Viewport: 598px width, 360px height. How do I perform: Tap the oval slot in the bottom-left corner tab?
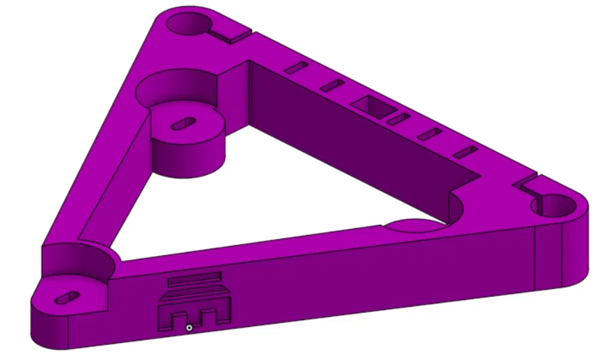[70, 296]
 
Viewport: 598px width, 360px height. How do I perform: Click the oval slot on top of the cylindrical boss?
[183, 123]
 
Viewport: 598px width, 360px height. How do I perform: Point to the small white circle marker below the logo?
[190, 328]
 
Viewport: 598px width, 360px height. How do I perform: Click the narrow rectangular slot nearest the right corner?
[465, 152]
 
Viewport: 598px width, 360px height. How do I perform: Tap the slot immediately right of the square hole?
[399, 120]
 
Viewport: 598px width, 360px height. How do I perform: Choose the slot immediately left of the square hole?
[332, 85]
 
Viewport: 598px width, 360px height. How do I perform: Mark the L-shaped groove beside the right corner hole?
[528, 183]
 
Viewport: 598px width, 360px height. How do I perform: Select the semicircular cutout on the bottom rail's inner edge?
[414, 226]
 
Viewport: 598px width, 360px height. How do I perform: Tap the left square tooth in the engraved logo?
[180, 317]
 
